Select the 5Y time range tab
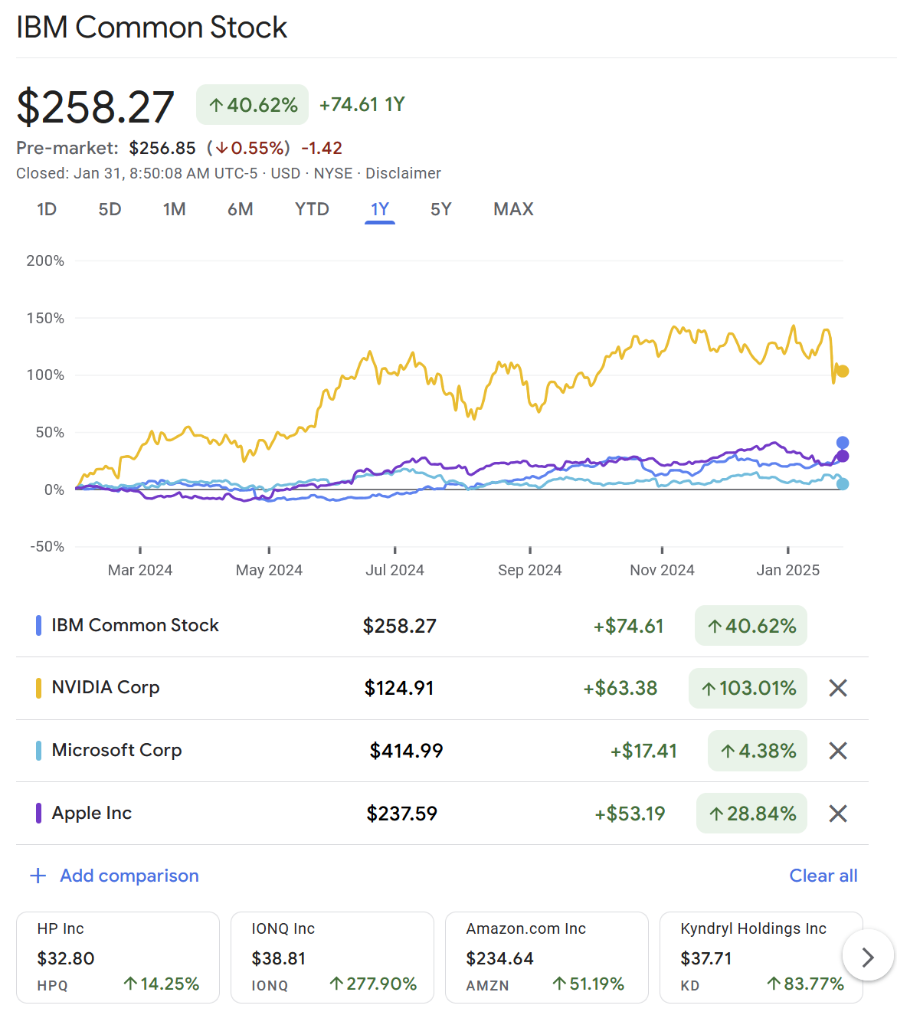(440, 209)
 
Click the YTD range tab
(312, 209)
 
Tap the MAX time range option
(513, 209)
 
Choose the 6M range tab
(240, 209)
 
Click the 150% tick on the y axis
(45, 318)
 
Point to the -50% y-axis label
(47, 546)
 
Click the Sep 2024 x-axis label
(529, 570)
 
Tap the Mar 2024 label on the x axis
(140, 570)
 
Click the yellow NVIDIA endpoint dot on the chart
(843, 372)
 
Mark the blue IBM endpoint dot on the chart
(843, 443)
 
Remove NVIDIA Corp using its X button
(838, 688)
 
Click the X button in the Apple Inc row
(838, 814)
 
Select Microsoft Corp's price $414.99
(406, 751)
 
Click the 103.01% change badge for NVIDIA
(748, 688)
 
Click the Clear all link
(823, 876)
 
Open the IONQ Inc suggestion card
(332, 957)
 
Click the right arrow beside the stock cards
(867, 957)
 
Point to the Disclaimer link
(403, 173)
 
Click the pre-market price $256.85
(162, 148)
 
